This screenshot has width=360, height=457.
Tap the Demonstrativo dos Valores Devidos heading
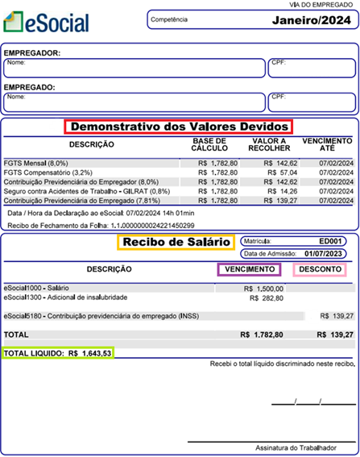(x=178, y=127)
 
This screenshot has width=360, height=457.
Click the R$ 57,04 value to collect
(x=281, y=172)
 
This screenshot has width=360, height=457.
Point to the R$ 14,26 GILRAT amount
(x=281, y=192)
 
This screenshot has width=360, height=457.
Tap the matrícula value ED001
(x=332, y=241)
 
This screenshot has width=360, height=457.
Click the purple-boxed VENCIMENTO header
(x=250, y=269)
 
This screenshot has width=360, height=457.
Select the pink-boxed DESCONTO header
(x=321, y=269)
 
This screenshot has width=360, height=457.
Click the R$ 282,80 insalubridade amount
(x=267, y=297)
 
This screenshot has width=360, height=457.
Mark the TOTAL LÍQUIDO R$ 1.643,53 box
(x=58, y=353)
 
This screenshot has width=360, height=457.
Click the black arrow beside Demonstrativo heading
(x=57, y=127)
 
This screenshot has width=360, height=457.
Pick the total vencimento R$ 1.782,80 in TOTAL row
(x=261, y=334)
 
